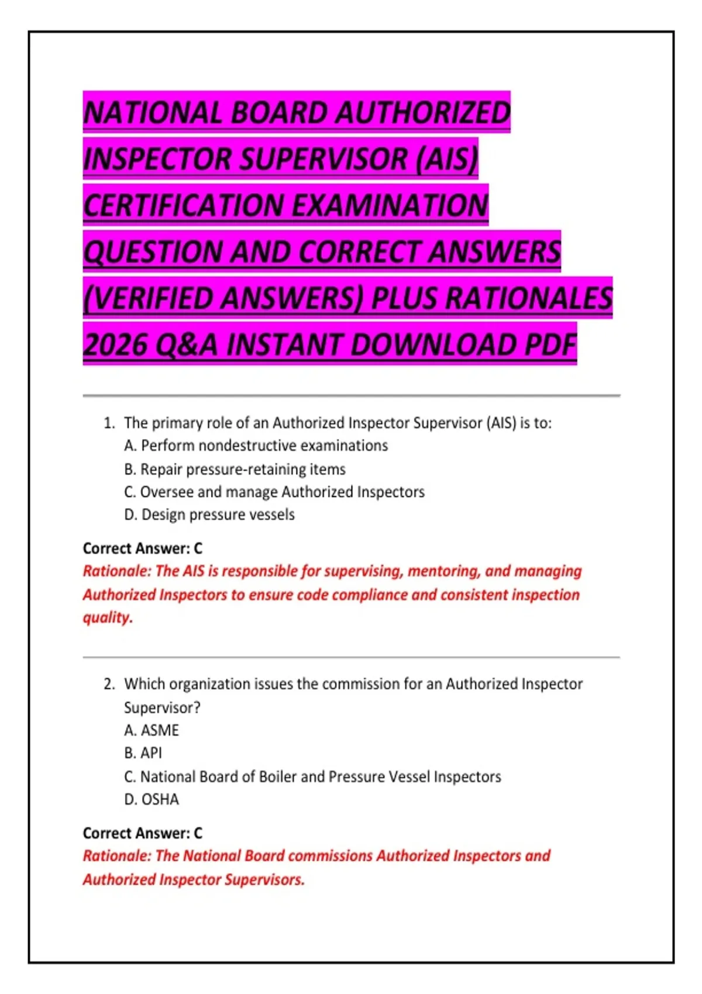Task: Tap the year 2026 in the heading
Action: pyautogui.click(x=115, y=344)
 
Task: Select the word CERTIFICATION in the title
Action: pyautogui.click(x=183, y=205)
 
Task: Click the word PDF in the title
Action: pyautogui.click(x=550, y=344)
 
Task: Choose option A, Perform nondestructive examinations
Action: pyautogui.click(x=256, y=446)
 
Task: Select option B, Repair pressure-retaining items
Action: pyautogui.click(x=235, y=469)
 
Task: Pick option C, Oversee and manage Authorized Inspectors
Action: pyautogui.click(x=274, y=492)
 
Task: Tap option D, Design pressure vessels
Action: pyautogui.click(x=209, y=515)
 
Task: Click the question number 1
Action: pyautogui.click(x=109, y=423)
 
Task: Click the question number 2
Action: pyautogui.click(x=109, y=684)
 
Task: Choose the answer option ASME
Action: pyautogui.click(x=152, y=730)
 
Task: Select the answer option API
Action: pyautogui.click(x=143, y=753)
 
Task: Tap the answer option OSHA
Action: pyautogui.click(x=152, y=799)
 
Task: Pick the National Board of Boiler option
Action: pyautogui.click(x=313, y=776)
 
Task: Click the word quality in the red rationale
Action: pyautogui.click(x=107, y=617)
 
